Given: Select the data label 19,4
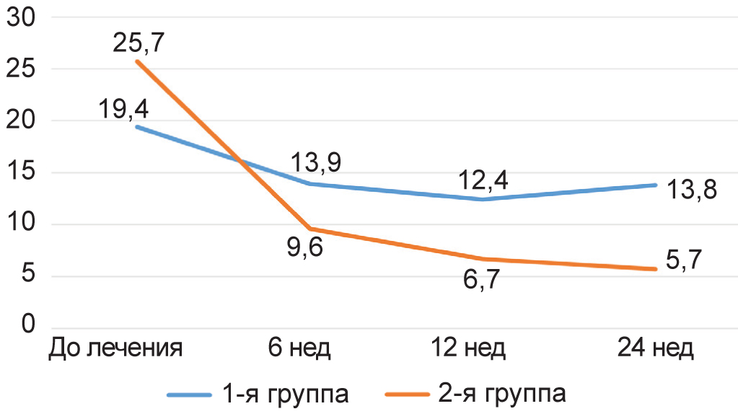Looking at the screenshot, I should pyautogui.click(x=124, y=110).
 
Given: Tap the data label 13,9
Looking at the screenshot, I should pyautogui.click(x=317, y=162).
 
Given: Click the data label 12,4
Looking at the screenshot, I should pyautogui.click(x=483, y=178).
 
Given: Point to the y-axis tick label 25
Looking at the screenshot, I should pyautogui.click(x=21, y=70).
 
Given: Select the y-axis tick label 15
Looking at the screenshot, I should pyautogui.click(x=21, y=173).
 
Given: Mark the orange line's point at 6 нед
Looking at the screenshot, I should pyautogui.click(x=311, y=229).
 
